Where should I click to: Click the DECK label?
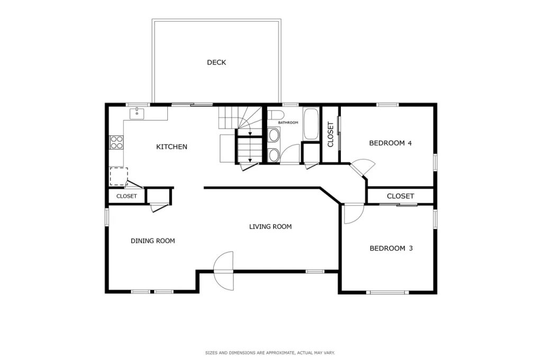[216, 62]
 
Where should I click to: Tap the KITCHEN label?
[171, 147]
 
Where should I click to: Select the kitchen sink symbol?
[137, 113]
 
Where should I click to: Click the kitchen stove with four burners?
[116, 142]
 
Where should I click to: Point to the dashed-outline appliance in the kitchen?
[118, 176]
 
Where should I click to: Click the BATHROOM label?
[288, 123]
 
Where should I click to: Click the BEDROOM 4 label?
[390, 143]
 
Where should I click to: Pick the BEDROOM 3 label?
[391, 248]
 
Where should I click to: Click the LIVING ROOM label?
[270, 227]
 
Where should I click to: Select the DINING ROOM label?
[152, 241]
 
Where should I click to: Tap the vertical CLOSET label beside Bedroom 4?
[331, 134]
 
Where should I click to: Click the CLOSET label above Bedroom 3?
[400, 196]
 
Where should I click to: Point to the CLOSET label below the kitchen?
[127, 196]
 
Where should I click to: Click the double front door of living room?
[223, 270]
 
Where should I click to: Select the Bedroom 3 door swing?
[351, 214]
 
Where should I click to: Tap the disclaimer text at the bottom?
[270, 353]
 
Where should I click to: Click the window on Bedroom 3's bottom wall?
[388, 292]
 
